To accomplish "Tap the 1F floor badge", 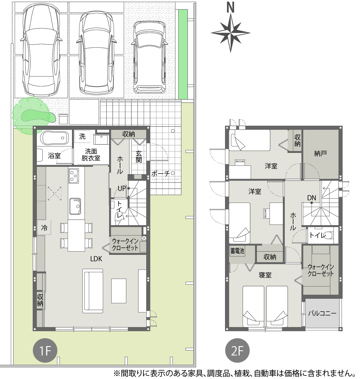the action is point(45,350).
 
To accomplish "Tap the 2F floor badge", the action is point(237,350).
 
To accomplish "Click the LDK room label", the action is point(96,259).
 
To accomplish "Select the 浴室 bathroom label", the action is point(54,155).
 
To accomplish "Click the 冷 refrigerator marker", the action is point(44,227).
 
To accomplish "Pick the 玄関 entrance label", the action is point(139,156).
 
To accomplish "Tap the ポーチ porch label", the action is point(160,173).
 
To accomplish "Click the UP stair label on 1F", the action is point(122,188).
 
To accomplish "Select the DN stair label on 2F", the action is point(312,198).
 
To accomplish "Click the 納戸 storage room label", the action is point(321,153).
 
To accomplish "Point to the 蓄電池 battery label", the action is point(237,251).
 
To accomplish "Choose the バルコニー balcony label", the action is point(322,314).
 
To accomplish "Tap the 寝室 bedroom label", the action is point(265,275).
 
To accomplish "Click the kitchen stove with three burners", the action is point(74,175).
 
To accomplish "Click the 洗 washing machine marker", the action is point(82,136).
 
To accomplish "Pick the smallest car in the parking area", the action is point(150,57).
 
